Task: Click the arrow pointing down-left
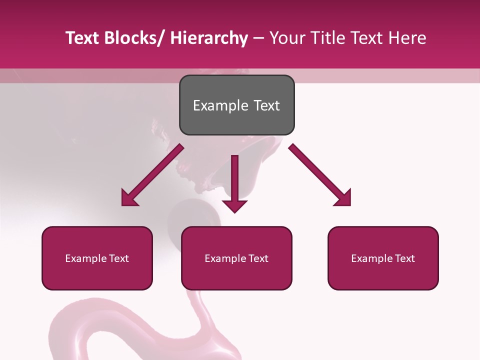click(x=153, y=175)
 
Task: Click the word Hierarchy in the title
click(x=208, y=38)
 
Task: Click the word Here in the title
click(x=407, y=38)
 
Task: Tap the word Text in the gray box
click(x=265, y=105)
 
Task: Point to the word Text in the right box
click(x=404, y=258)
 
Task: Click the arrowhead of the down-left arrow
click(x=129, y=198)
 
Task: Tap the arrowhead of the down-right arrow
click(x=343, y=198)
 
